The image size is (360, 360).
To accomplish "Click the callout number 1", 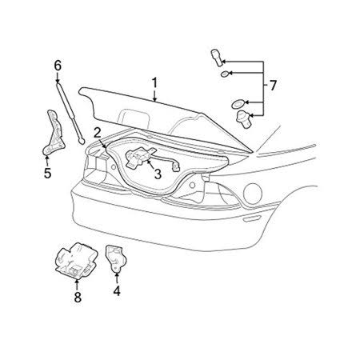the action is pos(154,83).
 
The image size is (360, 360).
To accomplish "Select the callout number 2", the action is pos(98,133).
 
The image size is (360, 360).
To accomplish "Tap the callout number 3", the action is pos(158,174).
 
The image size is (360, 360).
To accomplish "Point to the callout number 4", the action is pos(117,291).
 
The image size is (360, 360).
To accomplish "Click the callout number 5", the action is pos(47,173).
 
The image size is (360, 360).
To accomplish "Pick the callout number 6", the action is pos(58,66).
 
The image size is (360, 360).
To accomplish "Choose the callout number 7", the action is pos(273,86).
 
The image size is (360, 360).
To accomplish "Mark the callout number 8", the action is pos(78,297).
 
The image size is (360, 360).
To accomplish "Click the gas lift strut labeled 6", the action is pos(70,113).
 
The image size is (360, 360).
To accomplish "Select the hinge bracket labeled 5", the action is pos(54,134).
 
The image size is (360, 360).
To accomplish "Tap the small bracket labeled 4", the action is pos(116,258).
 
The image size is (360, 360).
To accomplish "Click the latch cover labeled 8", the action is pos(77,260).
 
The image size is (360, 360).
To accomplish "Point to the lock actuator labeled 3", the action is pos(138,158).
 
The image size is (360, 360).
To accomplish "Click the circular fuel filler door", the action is pos(253,193).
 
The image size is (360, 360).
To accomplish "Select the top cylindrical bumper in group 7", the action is pos(217,58).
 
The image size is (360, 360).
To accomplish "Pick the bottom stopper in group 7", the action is pos(243,119).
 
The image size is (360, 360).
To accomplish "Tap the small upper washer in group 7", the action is pos(225,74).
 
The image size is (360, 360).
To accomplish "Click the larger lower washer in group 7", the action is pos(238,103).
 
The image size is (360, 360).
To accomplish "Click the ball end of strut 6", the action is pos(81,141).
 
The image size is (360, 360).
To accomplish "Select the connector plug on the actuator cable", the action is pos(175,167).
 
